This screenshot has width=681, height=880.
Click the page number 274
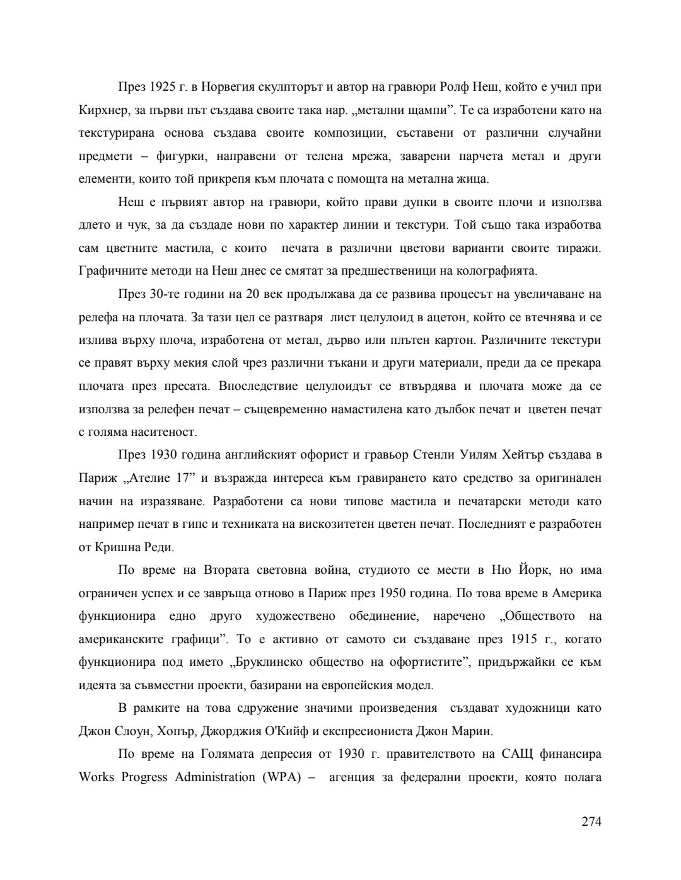click(x=591, y=821)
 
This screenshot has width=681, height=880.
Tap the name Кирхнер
click(x=102, y=110)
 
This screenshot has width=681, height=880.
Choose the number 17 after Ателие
click(x=182, y=478)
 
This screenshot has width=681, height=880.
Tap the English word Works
click(x=96, y=777)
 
